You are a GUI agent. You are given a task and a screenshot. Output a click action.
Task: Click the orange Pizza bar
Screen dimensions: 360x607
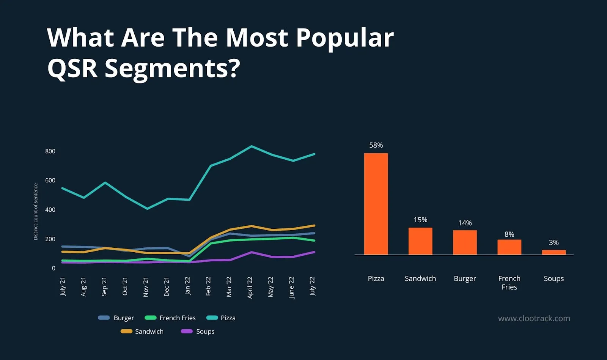[x=376, y=204]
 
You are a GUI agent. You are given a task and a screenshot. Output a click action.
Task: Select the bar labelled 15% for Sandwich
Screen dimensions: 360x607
[x=420, y=241]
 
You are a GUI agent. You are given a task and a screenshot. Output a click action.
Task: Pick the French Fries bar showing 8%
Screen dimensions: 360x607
[x=509, y=247]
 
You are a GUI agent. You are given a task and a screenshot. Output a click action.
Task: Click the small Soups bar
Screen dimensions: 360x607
[x=554, y=252]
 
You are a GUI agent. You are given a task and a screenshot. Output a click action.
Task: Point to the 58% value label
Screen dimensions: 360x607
[x=376, y=145]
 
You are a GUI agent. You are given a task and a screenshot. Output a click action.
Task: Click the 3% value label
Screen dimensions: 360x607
[x=554, y=242]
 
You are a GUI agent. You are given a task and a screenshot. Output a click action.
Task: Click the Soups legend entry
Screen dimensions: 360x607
[x=198, y=332]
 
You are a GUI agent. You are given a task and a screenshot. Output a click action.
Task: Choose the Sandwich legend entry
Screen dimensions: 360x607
[x=142, y=332]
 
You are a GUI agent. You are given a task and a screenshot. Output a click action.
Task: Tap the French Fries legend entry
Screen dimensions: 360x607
[x=170, y=318]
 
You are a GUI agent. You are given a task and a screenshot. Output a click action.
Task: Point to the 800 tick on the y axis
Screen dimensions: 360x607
[x=50, y=151]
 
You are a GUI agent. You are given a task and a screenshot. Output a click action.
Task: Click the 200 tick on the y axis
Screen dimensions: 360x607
[x=50, y=239]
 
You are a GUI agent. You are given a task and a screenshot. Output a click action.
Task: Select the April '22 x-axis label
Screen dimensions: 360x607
[x=250, y=287]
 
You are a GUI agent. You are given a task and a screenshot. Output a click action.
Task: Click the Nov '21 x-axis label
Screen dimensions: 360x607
[x=146, y=286]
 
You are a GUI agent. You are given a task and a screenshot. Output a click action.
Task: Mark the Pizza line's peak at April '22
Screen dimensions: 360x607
[x=251, y=146]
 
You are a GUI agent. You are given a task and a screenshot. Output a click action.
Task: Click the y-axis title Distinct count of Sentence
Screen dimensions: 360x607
[x=36, y=212]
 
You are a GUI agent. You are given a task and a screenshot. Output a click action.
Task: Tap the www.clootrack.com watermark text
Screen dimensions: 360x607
[x=534, y=319]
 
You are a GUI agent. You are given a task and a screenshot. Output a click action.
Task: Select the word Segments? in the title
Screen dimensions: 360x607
[x=172, y=68]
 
